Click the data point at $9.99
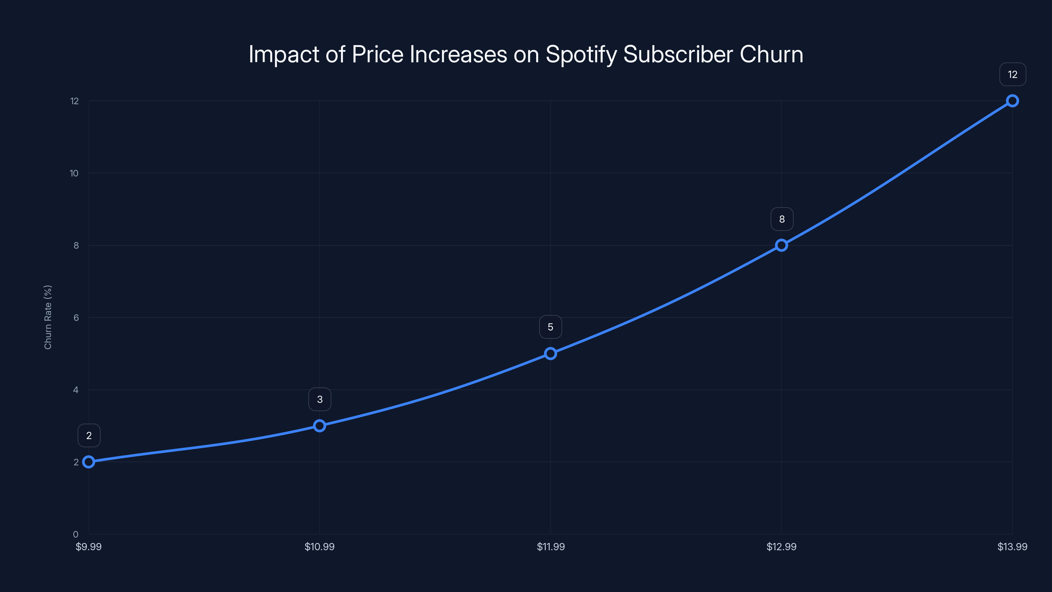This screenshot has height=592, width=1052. point(89,462)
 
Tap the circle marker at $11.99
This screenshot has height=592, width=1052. point(551,354)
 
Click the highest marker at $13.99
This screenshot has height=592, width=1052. point(1013,101)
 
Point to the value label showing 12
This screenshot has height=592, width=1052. point(1013,74)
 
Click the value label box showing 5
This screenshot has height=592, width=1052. point(551,327)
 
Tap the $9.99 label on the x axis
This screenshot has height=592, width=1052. point(89,547)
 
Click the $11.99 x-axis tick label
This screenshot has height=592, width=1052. point(551,547)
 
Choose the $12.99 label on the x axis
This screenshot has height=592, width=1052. point(781,547)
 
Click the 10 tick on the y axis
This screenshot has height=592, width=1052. point(74,173)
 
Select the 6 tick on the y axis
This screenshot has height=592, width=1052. point(76,318)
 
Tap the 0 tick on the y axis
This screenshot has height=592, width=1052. point(76,534)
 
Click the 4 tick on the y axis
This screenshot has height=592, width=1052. point(76,390)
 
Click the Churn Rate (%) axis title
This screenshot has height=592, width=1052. point(48,317)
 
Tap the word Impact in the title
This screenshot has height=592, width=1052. point(283,55)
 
